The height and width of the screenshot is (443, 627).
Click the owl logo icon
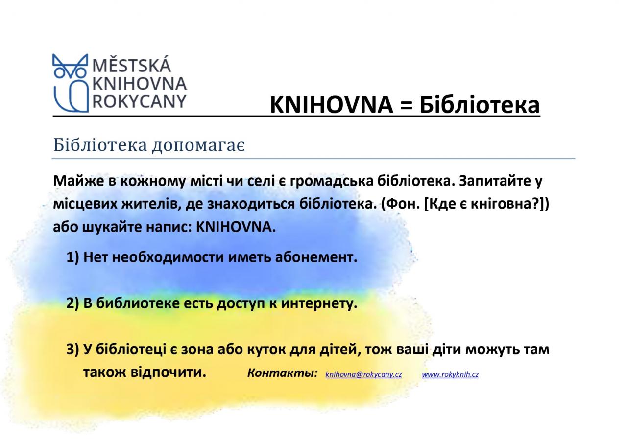pyautogui.click(x=70, y=83)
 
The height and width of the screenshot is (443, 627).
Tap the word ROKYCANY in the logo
pyautogui.click(x=140, y=101)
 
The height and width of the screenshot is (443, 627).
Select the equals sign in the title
pyautogui.click(x=406, y=105)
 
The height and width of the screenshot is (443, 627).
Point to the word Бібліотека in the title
pyautogui.click(x=480, y=105)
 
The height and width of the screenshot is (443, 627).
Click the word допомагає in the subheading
pyautogui.click(x=198, y=146)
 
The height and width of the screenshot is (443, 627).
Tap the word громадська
pyautogui.click(x=332, y=181)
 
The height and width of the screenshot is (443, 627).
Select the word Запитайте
pyautogui.click(x=495, y=181)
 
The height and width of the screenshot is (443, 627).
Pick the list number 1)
pyautogui.click(x=73, y=257)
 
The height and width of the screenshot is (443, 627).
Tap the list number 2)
pyautogui.click(x=73, y=303)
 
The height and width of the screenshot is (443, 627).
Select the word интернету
pyautogui.click(x=319, y=303)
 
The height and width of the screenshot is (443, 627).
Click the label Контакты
pyautogui.click(x=283, y=373)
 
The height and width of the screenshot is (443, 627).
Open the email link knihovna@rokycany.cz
pyautogui.click(x=363, y=374)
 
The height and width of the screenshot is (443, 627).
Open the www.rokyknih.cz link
pyautogui.click(x=450, y=374)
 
